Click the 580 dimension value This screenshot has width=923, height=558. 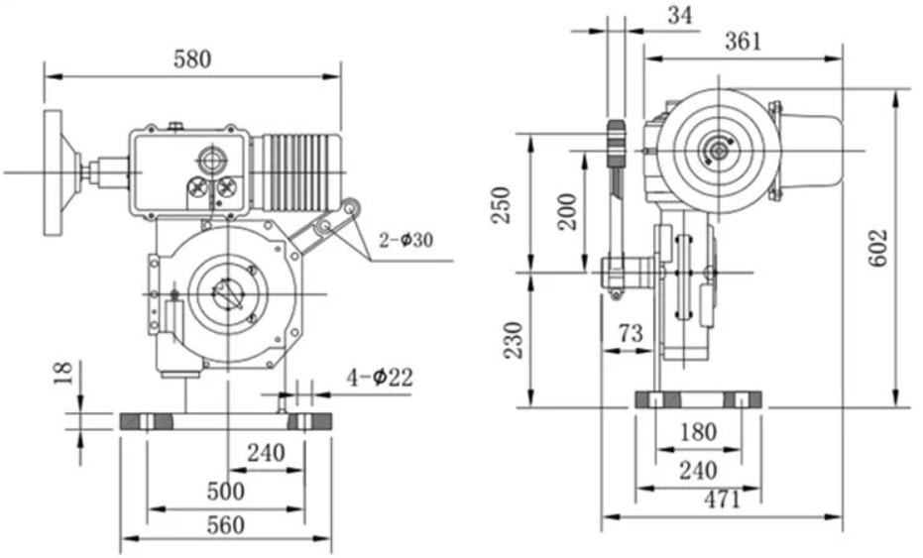click(192, 58)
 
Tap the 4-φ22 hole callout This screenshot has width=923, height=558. click(380, 378)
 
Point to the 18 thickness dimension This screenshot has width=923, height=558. click(62, 374)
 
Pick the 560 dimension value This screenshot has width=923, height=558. click(226, 525)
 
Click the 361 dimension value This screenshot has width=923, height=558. click(743, 41)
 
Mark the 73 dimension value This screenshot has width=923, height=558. click(629, 332)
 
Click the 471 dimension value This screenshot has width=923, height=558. click(722, 500)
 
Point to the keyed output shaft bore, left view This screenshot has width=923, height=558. click(227, 294)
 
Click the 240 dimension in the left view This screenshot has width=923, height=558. click(265, 453)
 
